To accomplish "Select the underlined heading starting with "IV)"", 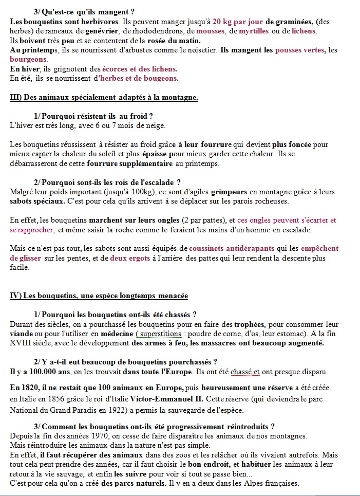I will tap(99, 296).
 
